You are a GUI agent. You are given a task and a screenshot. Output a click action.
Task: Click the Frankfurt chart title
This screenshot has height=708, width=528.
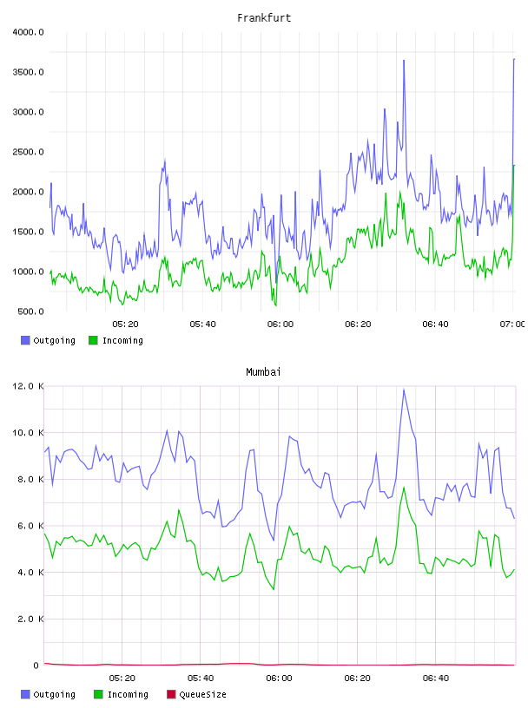pyautogui.click(x=264, y=18)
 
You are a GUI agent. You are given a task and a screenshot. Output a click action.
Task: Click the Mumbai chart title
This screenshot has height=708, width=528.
pyautogui.click(x=263, y=372)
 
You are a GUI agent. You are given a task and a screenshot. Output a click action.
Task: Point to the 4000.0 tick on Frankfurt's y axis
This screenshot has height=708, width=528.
pyautogui.click(x=28, y=32)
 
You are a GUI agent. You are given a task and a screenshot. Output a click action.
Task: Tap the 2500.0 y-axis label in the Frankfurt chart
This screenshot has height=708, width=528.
pyautogui.click(x=28, y=152)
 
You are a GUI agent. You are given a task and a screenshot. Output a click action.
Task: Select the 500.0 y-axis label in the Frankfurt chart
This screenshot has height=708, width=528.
pyautogui.click(x=30, y=311)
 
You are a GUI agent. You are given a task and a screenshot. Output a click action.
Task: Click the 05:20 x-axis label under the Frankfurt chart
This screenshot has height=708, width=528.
pyautogui.click(x=125, y=324)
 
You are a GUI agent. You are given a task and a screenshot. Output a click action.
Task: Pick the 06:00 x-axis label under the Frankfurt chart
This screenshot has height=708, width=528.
pyautogui.click(x=280, y=324)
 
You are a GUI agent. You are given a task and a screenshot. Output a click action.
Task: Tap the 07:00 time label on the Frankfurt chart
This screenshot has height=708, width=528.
pyautogui.click(x=512, y=324)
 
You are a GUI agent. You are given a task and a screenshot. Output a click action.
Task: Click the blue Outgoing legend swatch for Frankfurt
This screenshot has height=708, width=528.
pyautogui.click(x=25, y=340)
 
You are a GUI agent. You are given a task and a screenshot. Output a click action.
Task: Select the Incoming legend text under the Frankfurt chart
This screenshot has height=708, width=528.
pyautogui.click(x=122, y=340)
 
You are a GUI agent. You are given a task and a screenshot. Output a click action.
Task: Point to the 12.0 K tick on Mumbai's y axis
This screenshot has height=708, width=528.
pyautogui.click(x=28, y=386)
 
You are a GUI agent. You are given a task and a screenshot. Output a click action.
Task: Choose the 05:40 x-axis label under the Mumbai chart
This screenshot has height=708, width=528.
pyautogui.click(x=201, y=678)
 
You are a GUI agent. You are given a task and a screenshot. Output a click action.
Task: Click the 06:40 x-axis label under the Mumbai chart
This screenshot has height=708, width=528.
pyautogui.click(x=436, y=678)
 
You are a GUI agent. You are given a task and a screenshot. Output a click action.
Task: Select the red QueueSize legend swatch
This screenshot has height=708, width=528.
pyautogui.click(x=171, y=694)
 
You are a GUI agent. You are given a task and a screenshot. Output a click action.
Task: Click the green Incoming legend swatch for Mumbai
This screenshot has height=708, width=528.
pyautogui.click(x=98, y=694)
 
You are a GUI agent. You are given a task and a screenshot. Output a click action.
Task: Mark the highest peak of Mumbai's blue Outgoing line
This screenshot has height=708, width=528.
pyautogui.click(x=404, y=390)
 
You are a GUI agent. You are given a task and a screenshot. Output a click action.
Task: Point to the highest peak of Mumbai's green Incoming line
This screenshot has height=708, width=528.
pyautogui.click(x=404, y=488)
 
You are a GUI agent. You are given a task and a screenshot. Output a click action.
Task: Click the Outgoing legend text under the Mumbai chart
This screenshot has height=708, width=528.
pyautogui.click(x=54, y=694)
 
